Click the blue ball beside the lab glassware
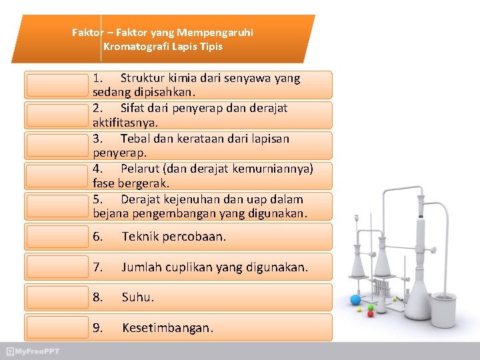click(x=355, y=300)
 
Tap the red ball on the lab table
click(x=371, y=313)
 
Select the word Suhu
click(x=137, y=297)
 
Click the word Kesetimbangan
click(x=168, y=328)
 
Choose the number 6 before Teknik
click(x=97, y=237)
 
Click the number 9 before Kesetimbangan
click(x=97, y=328)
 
